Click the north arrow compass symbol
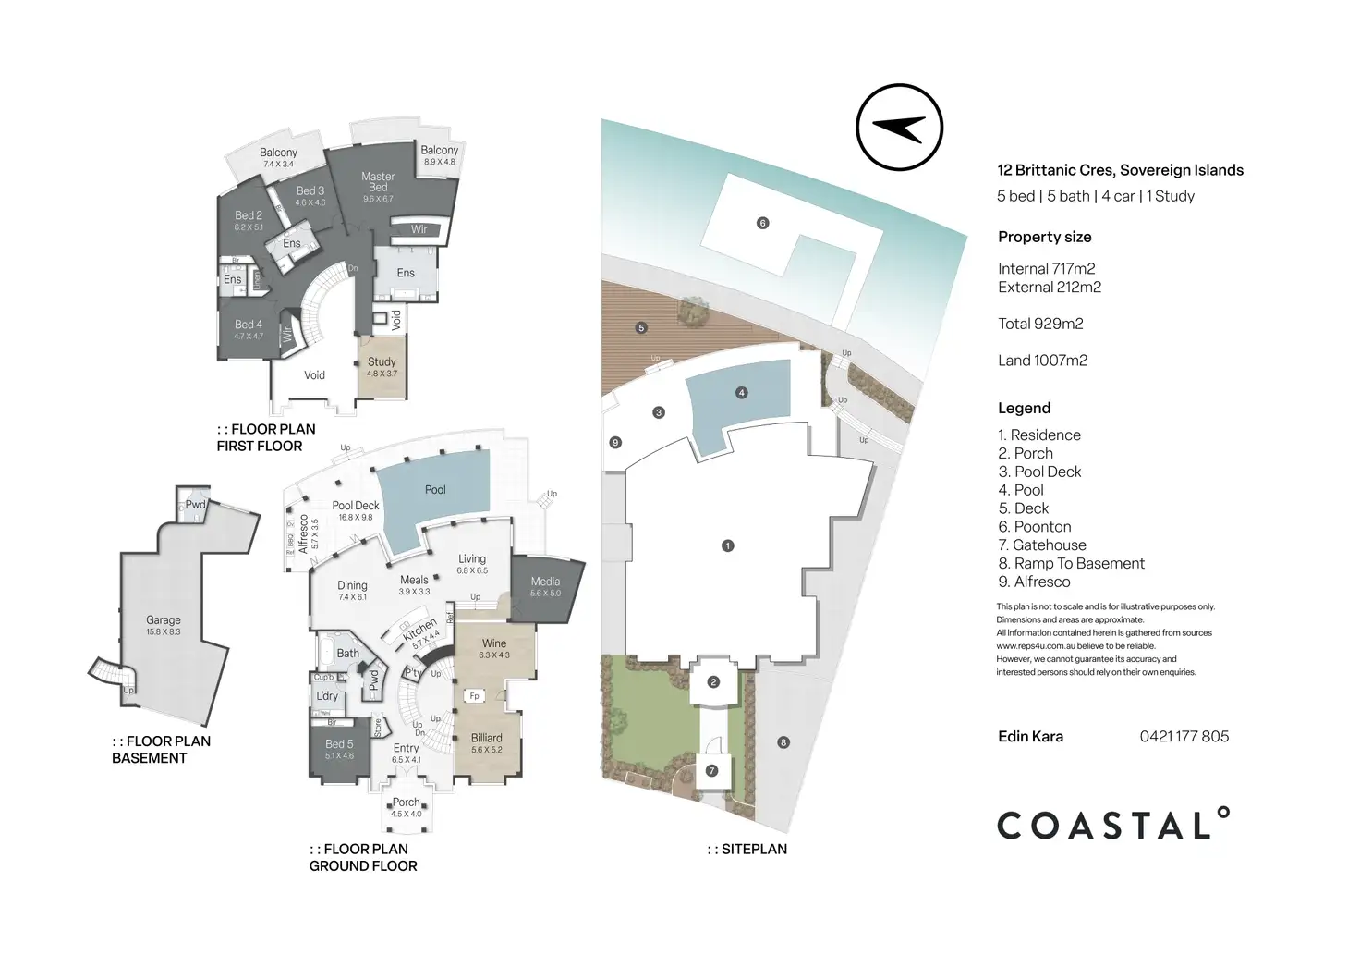(x=899, y=128)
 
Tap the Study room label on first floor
(x=382, y=362)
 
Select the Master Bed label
(x=378, y=181)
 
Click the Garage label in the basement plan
(x=164, y=620)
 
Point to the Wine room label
(x=494, y=643)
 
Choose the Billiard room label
(x=487, y=738)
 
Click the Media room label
(x=545, y=582)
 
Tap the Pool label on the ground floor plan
(x=435, y=490)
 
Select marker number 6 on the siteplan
(x=762, y=223)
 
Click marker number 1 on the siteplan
(x=727, y=545)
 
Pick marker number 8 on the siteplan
(x=783, y=742)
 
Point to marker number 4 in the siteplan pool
(x=741, y=393)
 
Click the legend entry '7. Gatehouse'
(x=1041, y=545)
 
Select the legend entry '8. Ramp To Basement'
(x=1071, y=564)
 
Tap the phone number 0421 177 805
(x=1184, y=737)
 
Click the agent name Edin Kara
(x=1030, y=737)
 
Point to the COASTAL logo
(x=1113, y=824)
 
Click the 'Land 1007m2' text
(x=1042, y=361)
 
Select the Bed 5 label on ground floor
(x=339, y=744)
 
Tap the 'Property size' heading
(x=1044, y=237)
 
